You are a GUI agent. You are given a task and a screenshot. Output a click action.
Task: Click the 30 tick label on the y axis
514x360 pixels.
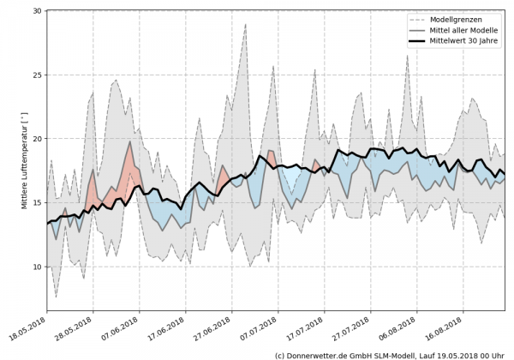click(x=37, y=11)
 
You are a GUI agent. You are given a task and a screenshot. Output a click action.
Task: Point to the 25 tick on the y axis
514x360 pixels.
click(x=37, y=75)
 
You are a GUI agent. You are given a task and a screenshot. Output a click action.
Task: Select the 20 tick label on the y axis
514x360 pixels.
click(x=37, y=139)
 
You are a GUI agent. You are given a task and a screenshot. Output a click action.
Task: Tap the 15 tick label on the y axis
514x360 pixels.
click(x=37, y=203)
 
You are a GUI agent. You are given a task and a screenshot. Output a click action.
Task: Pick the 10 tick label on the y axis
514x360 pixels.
click(x=37, y=267)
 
